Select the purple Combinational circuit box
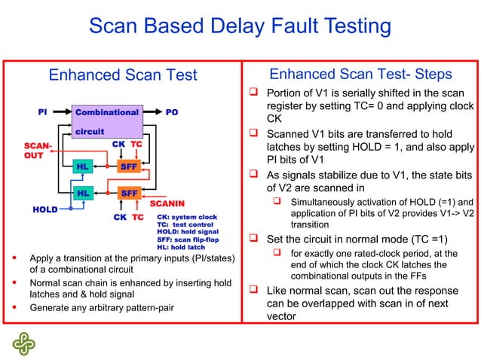(106, 121)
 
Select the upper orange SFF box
(129, 166)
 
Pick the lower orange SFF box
(129, 194)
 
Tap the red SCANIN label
(168, 203)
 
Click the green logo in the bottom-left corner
(23, 343)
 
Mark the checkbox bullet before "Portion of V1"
(255, 93)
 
